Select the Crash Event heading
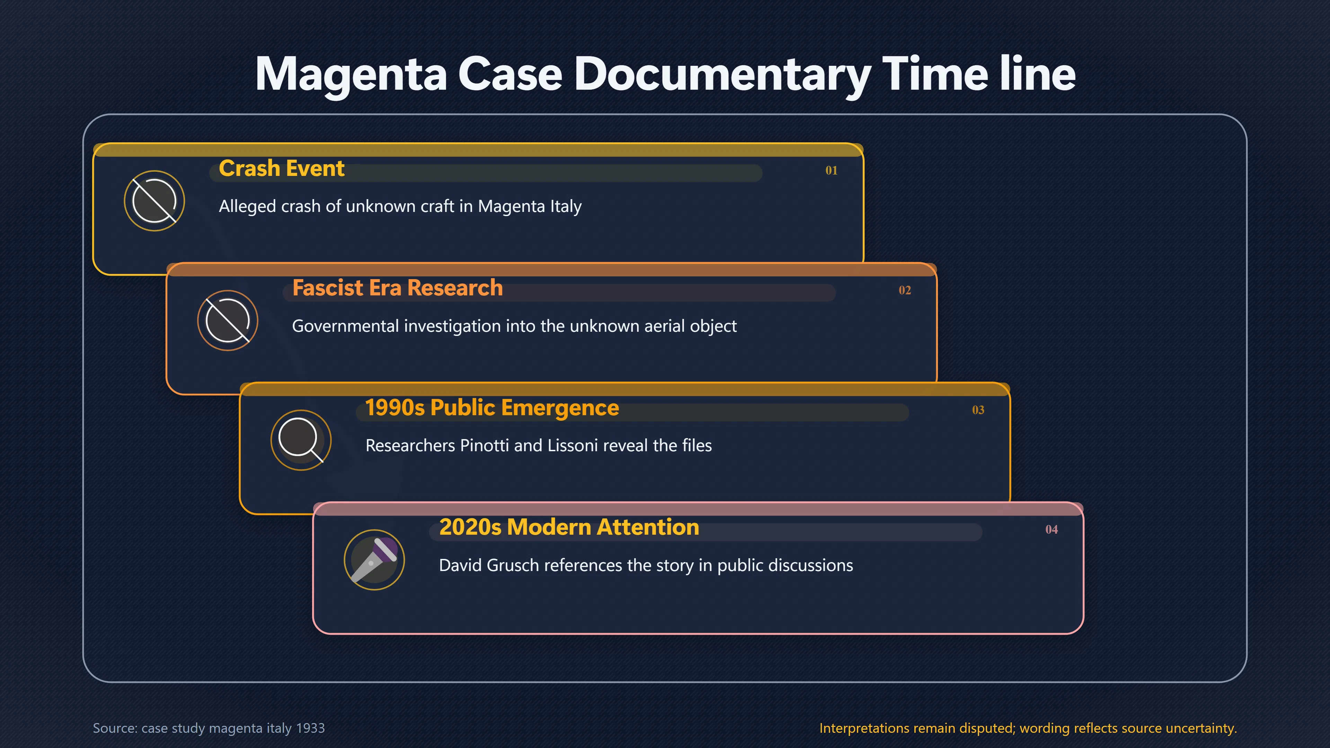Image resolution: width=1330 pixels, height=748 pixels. coord(281,168)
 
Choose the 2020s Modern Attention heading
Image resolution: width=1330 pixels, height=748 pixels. coord(569,527)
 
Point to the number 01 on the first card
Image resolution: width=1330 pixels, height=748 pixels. coord(831,170)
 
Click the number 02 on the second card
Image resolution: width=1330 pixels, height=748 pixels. coord(905,290)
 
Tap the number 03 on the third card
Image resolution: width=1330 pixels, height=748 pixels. coord(978,410)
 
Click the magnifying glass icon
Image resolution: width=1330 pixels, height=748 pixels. coord(301,440)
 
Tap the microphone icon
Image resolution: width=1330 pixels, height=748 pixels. coord(374,560)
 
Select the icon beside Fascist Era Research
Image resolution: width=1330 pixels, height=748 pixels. coord(228,321)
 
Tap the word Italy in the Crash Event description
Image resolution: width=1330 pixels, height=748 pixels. coord(566,206)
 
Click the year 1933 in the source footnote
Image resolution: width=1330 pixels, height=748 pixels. coord(310,728)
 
